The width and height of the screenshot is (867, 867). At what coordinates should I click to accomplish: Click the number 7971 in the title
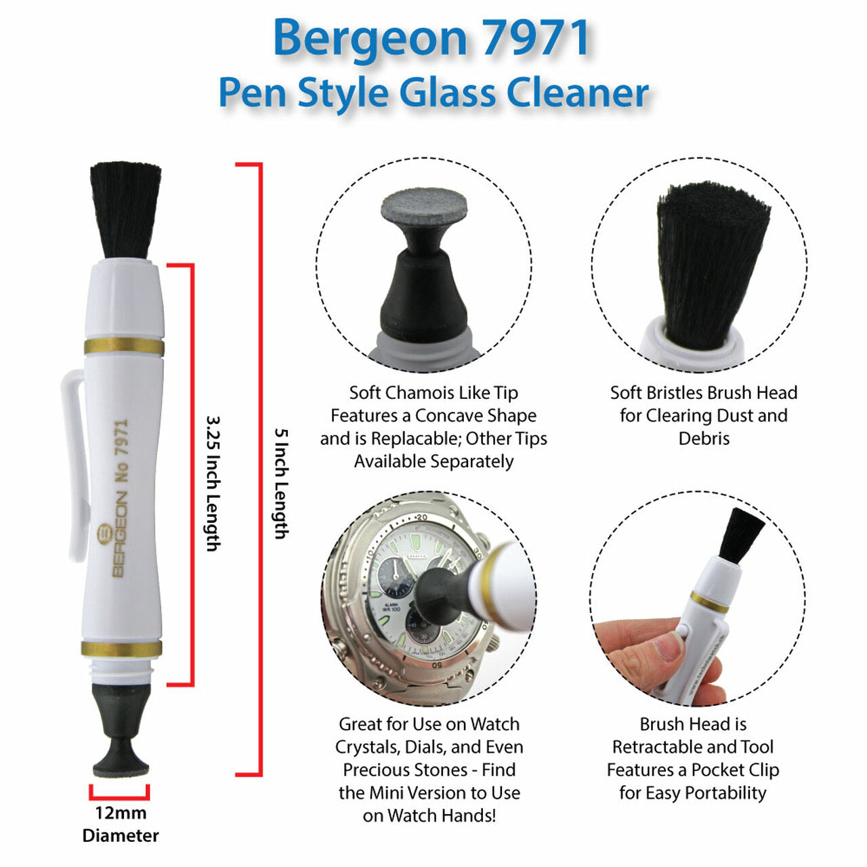(535, 38)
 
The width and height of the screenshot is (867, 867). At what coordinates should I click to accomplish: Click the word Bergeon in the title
(370, 38)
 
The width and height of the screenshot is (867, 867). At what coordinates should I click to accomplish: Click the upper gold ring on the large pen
(124, 347)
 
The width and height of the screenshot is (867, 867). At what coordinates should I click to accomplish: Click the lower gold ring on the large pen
(122, 648)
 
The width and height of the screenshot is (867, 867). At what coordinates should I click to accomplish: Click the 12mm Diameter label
(121, 824)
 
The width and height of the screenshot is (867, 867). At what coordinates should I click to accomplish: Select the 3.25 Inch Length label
(213, 483)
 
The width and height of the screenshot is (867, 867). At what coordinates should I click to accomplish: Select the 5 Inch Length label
(280, 483)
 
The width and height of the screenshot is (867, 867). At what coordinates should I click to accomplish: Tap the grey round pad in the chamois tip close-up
(424, 207)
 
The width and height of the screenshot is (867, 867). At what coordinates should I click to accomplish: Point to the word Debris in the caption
(704, 438)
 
